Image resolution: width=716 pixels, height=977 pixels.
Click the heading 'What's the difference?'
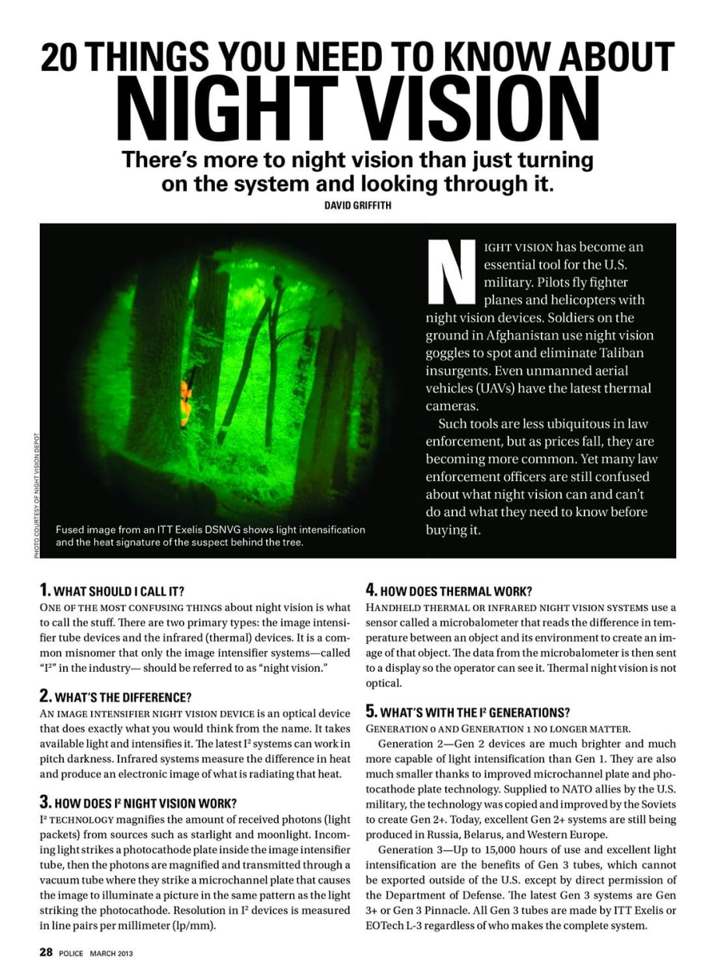115,696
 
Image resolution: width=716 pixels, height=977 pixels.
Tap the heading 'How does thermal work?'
449,591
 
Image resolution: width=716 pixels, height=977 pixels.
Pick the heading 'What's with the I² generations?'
468,712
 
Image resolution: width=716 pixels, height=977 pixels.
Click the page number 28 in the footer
47,954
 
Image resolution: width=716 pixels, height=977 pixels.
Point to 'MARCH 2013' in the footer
111,954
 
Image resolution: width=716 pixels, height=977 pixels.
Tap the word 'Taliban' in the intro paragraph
629,353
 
